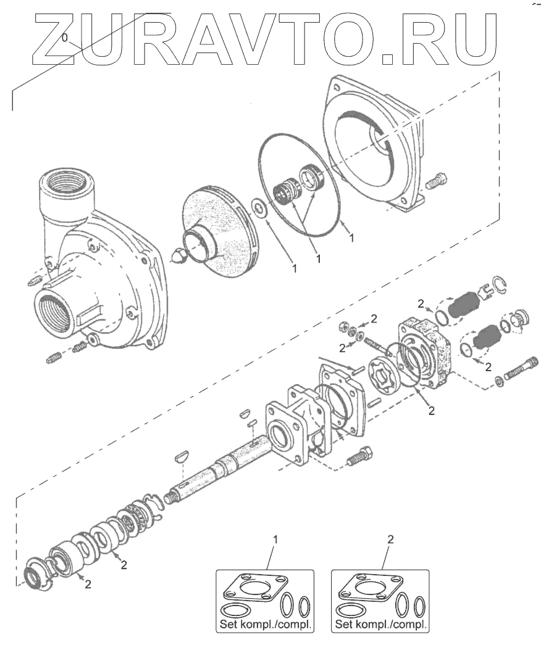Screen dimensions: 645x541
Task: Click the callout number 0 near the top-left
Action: click(x=65, y=38)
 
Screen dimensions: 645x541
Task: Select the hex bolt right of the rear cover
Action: click(x=436, y=181)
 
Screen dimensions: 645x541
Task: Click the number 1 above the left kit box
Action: click(x=275, y=540)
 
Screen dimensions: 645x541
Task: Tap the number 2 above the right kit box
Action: click(x=390, y=540)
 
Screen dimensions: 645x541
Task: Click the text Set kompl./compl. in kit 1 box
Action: click(x=266, y=625)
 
